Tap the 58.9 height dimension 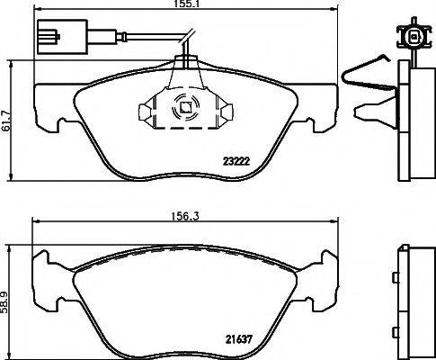click(7, 297)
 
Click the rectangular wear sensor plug click(51, 39)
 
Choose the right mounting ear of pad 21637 click(323, 270)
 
